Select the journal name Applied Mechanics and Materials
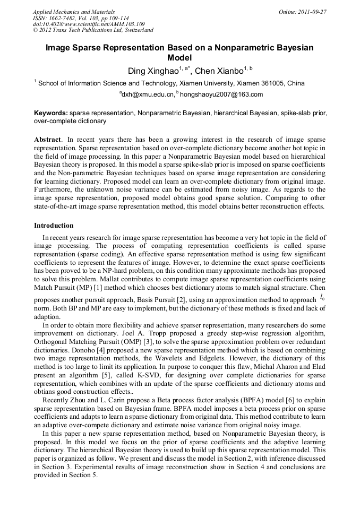(74, 11)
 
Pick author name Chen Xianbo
(219, 71)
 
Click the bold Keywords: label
(51, 113)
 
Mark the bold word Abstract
(48, 139)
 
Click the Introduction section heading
(54, 226)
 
